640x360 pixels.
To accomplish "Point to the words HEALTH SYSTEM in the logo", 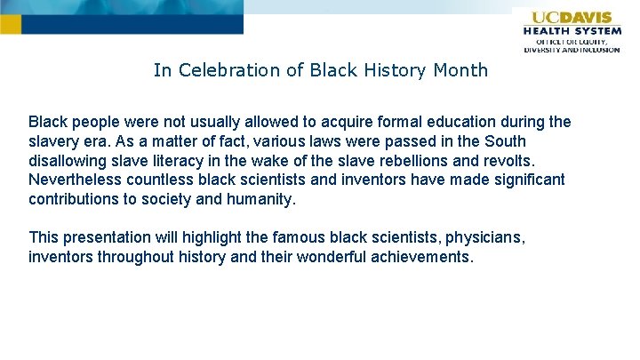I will pyautogui.click(x=573, y=30).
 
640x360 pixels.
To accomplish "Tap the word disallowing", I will pyautogui.click(x=68, y=161).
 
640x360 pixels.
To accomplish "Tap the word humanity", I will pyautogui.click(x=260, y=200).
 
